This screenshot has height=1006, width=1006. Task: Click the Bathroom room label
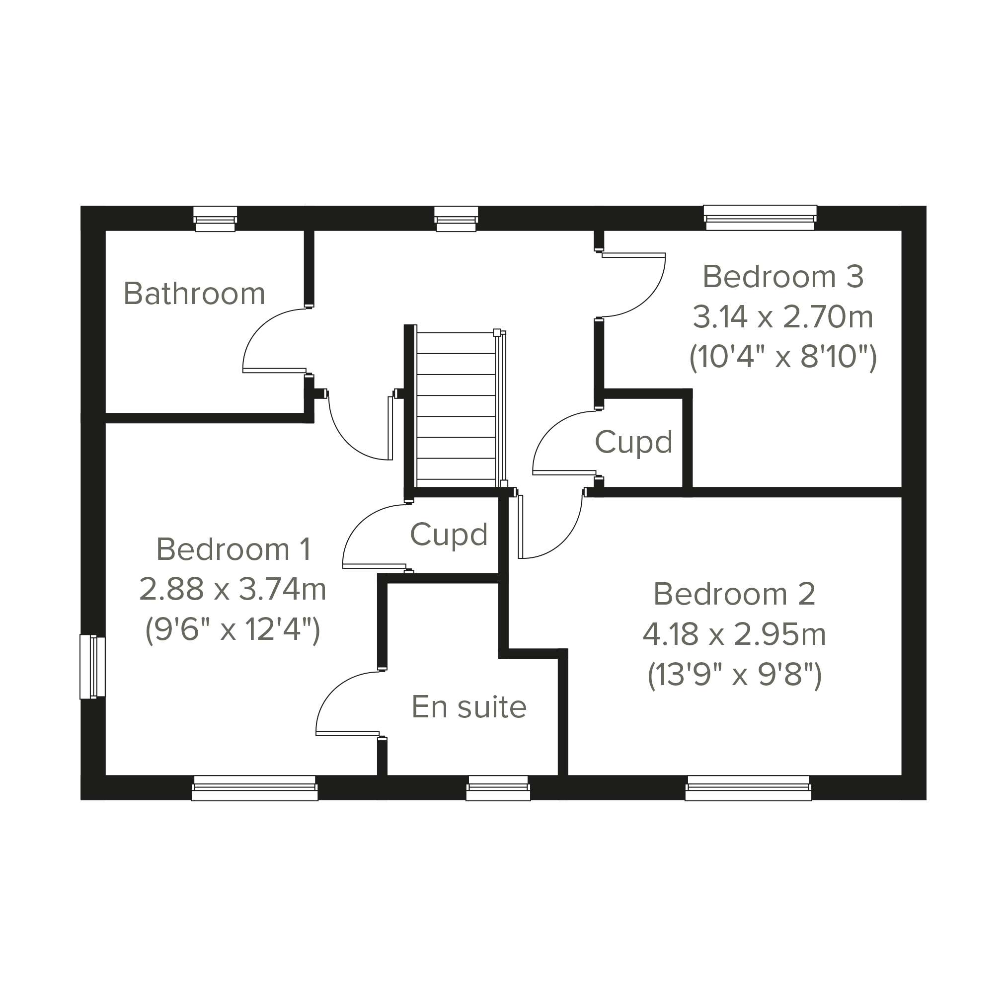pos(194,294)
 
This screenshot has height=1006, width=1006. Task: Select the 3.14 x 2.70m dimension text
pos(782,316)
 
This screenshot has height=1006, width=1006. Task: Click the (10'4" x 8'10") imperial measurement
pos(783,357)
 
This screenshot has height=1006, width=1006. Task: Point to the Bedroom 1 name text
pos(234,549)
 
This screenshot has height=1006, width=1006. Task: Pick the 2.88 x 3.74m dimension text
pos(233,589)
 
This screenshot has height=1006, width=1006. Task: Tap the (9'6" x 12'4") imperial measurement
pos(233,629)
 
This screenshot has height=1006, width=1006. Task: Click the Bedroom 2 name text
pos(734,594)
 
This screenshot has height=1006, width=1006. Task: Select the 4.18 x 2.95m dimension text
pos(734,634)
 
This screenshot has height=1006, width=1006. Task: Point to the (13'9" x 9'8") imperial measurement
pos(734,675)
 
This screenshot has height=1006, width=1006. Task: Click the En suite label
pos(469,706)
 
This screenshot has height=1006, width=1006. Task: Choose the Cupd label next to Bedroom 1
pos(449,535)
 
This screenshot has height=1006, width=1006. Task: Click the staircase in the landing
pos(457,406)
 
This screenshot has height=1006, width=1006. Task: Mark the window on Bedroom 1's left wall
pos(92,666)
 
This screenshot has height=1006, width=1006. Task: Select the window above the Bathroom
pos(215,219)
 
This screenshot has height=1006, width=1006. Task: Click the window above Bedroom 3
pos(760,218)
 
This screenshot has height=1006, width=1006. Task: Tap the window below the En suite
pos(498,787)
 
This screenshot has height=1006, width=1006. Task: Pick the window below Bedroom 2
pos(748,787)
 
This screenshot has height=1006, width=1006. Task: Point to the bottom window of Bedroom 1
pos(255,787)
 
